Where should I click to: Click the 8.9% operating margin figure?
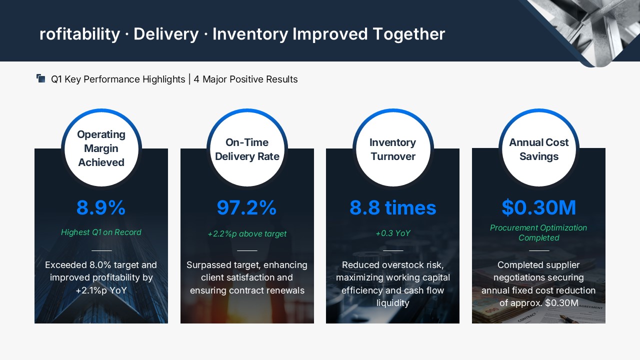click(x=101, y=207)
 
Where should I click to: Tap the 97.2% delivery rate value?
click(x=247, y=207)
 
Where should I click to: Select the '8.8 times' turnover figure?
click(x=393, y=207)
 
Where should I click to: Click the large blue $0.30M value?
click(x=539, y=207)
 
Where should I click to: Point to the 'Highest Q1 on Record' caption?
click(x=101, y=232)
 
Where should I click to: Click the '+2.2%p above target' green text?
click(x=247, y=233)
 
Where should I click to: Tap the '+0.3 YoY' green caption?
click(x=393, y=233)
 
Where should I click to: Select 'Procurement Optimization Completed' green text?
click(x=538, y=232)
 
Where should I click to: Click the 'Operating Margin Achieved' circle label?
click(x=101, y=148)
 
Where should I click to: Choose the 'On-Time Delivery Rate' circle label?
click(x=247, y=149)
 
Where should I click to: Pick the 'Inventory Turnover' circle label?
click(x=393, y=149)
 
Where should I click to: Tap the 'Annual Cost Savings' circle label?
click(x=539, y=149)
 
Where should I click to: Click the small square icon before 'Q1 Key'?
click(x=41, y=78)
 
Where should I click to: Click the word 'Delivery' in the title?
click(x=166, y=34)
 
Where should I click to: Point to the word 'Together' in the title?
click(x=409, y=34)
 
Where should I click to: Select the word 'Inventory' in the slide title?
click(x=250, y=34)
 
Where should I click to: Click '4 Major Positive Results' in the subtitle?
click(x=245, y=79)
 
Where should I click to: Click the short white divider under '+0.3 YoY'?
click(x=393, y=250)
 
